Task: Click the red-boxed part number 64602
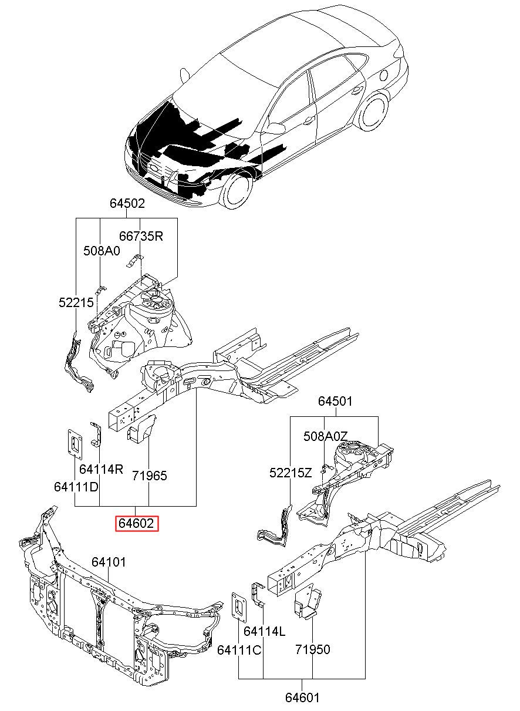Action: [136, 523]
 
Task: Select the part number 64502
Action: [127, 203]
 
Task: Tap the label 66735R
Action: [141, 236]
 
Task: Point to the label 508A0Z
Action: [326, 436]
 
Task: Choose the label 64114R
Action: [101, 469]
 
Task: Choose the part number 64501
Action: [335, 401]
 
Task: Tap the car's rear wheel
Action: [373, 110]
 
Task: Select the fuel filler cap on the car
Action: [384, 75]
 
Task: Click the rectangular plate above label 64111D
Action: [75, 444]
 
